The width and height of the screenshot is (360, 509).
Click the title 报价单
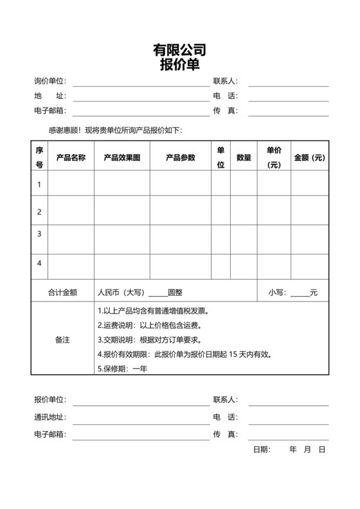[x=179, y=64]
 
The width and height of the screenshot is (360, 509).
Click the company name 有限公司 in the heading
[x=179, y=50]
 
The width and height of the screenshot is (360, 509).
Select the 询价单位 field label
[x=50, y=82]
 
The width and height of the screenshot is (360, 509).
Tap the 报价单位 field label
[x=50, y=400]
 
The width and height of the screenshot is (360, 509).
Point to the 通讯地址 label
[x=50, y=418]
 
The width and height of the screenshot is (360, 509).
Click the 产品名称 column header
[x=71, y=157]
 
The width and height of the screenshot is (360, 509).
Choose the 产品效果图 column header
[x=122, y=157]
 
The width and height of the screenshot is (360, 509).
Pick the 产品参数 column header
[x=180, y=157]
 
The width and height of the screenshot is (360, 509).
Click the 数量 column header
[x=244, y=157]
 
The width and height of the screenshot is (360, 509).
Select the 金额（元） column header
[x=309, y=157]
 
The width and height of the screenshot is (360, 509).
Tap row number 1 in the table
[x=39, y=185]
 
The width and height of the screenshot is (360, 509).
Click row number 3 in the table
[x=39, y=234]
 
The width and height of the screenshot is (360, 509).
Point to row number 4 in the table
[x=39, y=263]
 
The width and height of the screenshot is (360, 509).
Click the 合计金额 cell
[x=62, y=292]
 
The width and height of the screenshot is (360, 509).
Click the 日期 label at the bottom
[x=262, y=449]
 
